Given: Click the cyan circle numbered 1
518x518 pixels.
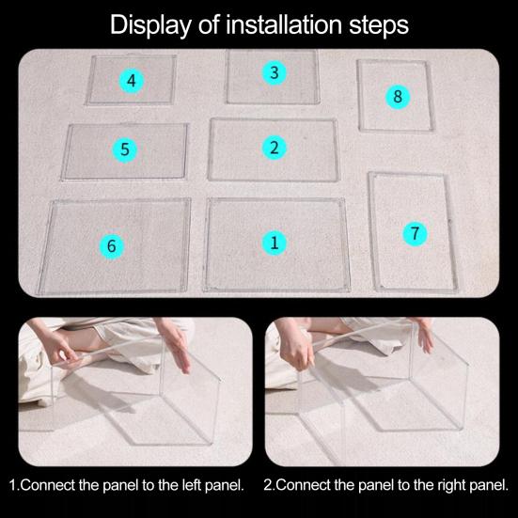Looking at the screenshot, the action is (275, 243).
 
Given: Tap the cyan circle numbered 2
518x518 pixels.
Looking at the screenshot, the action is (275, 148).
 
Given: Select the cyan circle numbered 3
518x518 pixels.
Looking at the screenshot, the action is (275, 72).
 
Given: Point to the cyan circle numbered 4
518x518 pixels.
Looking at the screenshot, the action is (132, 81).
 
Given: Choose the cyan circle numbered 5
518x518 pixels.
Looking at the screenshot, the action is (124, 149).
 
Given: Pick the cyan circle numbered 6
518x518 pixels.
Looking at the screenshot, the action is (112, 246).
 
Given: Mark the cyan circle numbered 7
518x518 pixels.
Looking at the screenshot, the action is (415, 233).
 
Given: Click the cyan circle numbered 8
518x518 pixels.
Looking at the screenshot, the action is (398, 97).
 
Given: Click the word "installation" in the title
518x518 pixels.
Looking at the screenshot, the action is (284, 24).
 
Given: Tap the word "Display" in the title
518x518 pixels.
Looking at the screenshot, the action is (150, 25).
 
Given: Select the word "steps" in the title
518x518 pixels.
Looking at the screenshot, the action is (379, 26).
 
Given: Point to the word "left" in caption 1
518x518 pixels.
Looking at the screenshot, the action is (192, 485).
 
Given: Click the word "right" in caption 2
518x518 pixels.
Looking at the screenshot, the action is (452, 486).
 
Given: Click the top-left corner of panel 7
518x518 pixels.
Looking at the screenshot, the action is (369, 173).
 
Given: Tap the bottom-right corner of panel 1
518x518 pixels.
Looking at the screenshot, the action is (350, 290).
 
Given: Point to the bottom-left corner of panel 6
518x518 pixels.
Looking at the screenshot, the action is (39, 293).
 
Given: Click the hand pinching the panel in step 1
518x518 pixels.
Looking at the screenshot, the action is (59, 351).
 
